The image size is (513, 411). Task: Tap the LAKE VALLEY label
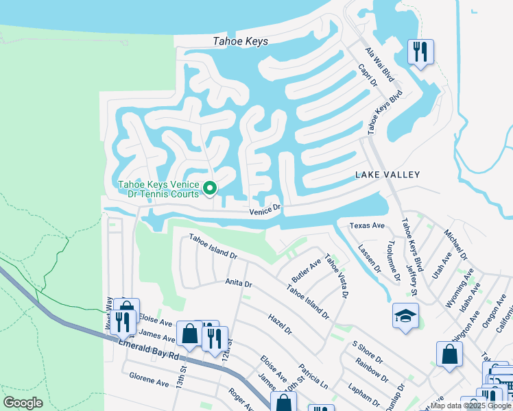(387, 175)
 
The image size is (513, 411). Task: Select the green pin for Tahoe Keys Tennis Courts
(211, 187)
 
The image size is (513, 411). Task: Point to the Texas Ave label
(367, 225)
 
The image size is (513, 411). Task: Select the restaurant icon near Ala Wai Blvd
(420, 51)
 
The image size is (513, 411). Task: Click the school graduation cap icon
(405, 316)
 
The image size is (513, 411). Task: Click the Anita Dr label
(239, 282)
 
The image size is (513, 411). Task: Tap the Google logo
(23, 403)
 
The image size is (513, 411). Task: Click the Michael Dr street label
(454, 245)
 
